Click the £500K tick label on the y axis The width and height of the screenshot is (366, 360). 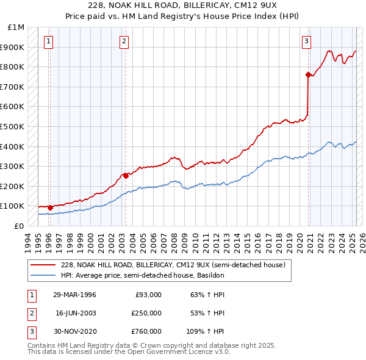point(13,126)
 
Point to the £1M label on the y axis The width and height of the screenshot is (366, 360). point(17,27)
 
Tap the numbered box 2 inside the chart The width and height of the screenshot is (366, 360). point(124,41)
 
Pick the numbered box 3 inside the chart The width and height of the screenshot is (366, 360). point(306,41)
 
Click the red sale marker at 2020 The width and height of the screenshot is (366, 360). point(308,74)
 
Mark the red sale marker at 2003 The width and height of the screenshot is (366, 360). point(126,176)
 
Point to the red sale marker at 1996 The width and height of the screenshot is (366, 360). point(50,207)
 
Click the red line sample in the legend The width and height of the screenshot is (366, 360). point(43,265)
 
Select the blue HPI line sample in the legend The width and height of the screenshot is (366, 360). point(43,275)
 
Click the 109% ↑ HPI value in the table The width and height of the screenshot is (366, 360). point(206,331)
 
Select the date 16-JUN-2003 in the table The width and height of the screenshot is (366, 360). point(75,313)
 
